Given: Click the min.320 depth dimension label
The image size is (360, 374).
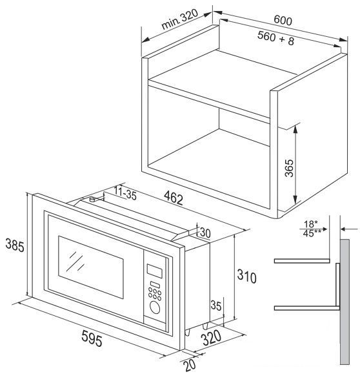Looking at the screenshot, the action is [179, 19].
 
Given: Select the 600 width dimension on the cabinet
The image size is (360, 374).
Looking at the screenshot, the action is [283, 20].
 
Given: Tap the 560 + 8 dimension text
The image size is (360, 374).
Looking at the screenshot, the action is [275, 38].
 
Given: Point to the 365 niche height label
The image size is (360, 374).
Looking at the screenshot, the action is [289, 168].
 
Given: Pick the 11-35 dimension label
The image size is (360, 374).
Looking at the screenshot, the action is [125, 193].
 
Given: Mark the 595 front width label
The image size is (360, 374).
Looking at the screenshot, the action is [92, 338].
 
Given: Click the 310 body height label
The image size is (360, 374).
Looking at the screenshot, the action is [246, 276].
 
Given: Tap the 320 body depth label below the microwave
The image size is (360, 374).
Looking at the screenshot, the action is [211, 338].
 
